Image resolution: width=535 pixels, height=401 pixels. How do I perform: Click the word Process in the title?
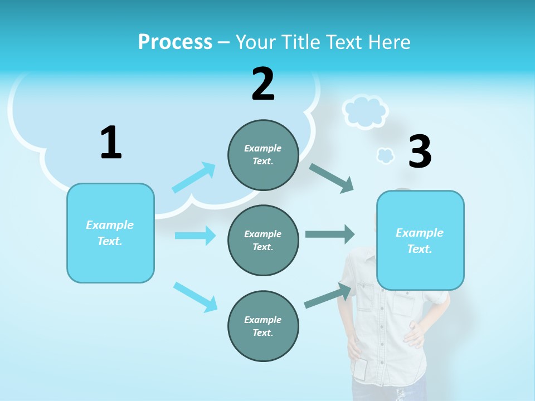[175, 42]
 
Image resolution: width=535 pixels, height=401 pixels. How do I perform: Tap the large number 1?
[111, 143]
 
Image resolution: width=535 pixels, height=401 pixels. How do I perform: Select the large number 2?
[263, 84]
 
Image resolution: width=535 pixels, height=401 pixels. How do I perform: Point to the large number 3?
[420, 151]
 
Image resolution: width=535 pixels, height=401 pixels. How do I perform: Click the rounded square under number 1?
[110, 233]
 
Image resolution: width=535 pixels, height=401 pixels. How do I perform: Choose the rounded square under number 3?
[420, 240]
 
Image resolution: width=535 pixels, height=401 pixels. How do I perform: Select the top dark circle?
[263, 155]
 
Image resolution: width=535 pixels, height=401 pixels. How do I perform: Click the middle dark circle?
[263, 240]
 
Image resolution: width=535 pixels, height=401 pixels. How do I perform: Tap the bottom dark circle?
[263, 326]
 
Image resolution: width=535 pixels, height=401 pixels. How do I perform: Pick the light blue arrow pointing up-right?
[193, 178]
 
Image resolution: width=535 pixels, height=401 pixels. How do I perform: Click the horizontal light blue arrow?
[195, 236]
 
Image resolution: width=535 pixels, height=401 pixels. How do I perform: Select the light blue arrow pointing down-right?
[195, 297]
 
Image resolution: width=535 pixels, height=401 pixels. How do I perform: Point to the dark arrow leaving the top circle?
[332, 178]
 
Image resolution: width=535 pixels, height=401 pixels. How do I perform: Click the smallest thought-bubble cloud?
[385, 156]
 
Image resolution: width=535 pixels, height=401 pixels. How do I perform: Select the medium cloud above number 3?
[365, 111]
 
